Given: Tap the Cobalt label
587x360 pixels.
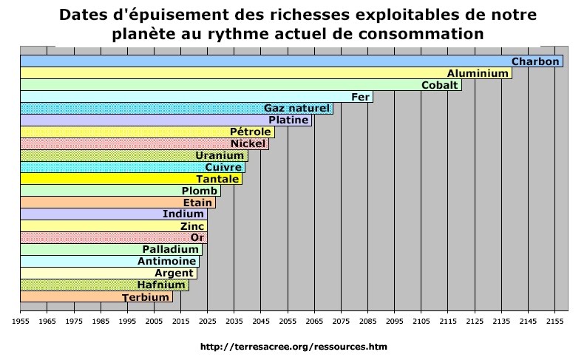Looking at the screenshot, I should pyautogui.click(x=439, y=85).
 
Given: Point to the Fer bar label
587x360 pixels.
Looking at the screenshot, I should pyautogui.click(x=360, y=97).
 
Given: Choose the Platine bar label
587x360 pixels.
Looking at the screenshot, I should pyautogui.click(x=288, y=120).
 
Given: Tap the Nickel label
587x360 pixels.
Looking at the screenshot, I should pyautogui.click(x=248, y=143).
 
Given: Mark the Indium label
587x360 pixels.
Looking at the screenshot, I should pyautogui.click(x=183, y=214).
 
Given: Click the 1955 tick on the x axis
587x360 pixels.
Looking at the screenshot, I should pyautogui.click(x=20, y=322).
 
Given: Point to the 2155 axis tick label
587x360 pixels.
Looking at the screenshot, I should pyautogui.click(x=554, y=322).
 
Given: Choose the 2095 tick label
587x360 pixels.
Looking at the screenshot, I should pyautogui.click(x=394, y=322).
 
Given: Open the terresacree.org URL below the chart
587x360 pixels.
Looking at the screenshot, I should pyautogui.click(x=293, y=346).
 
